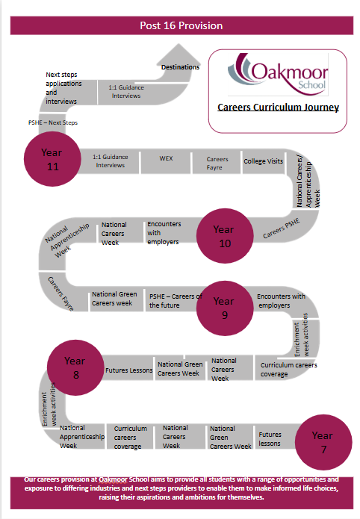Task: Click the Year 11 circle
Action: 52,159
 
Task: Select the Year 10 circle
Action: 225,236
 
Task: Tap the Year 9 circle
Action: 225,308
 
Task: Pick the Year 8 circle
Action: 75,367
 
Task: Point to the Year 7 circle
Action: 323,442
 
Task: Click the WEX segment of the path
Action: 166,162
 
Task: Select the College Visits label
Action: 264,161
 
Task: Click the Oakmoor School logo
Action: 278,74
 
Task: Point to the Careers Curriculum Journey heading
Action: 278,108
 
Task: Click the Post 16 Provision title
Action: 181,25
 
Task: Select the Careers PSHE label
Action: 282,229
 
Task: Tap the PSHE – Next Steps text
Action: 53,122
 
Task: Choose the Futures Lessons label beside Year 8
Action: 128,370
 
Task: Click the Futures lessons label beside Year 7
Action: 270,439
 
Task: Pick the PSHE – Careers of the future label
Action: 176,301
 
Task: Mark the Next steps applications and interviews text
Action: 63,88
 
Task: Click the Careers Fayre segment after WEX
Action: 217,163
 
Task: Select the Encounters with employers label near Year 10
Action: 164,233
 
